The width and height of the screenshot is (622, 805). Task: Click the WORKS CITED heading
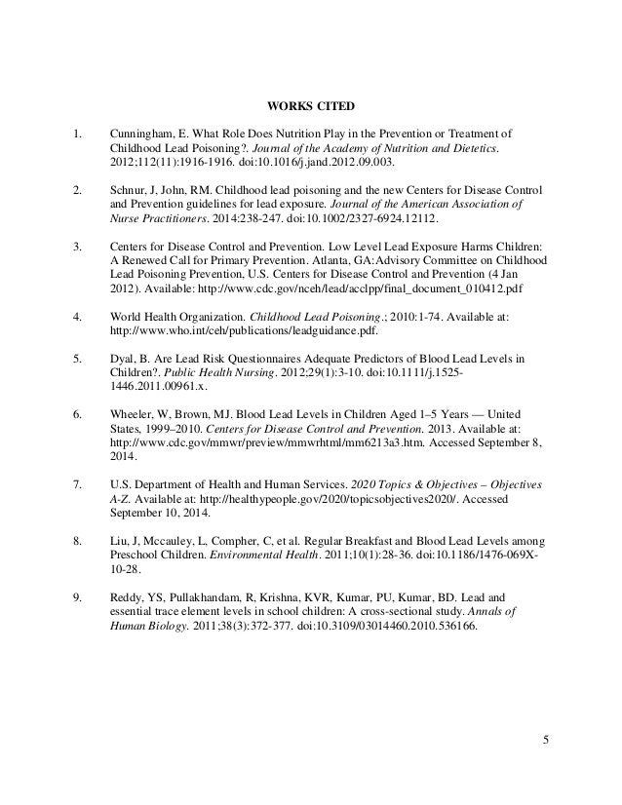[x=310, y=106]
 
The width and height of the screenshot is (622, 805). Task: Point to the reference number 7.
[x=77, y=484]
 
